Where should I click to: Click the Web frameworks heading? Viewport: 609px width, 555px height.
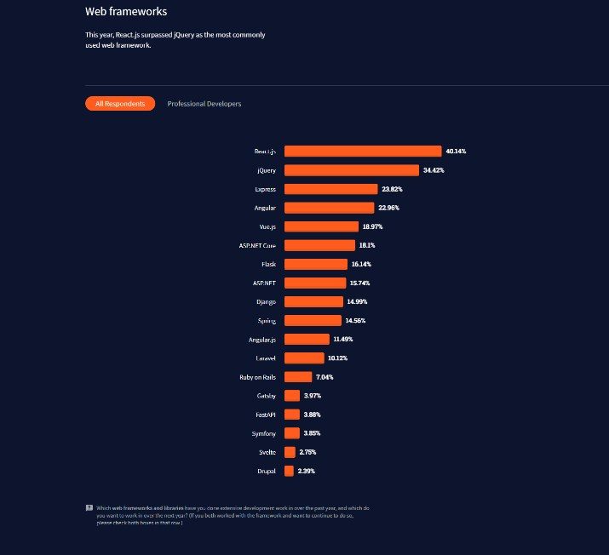coord(126,12)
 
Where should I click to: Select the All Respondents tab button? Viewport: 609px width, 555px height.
coord(120,104)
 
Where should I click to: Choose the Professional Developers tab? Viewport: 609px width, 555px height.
coord(204,104)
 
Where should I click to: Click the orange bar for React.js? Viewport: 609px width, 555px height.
coord(363,152)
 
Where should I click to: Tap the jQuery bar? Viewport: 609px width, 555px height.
coord(352,170)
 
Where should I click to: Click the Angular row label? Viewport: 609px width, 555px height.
coord(263,208)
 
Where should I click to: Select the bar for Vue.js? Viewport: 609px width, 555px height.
coord(321,226)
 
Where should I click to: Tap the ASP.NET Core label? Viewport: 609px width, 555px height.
coord(257,245)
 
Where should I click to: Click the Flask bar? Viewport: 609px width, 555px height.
coord(316,264)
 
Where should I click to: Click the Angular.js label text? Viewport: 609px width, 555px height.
coord(261,340)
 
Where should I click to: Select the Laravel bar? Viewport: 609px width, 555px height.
coord(304,358)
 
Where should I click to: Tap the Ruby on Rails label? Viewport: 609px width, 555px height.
coord(257,377)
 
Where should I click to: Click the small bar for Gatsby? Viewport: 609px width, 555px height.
coord(292,396)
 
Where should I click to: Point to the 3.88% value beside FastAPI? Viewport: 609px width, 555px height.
coord(312,415)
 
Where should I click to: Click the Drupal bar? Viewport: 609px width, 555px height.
coord(290,471)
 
